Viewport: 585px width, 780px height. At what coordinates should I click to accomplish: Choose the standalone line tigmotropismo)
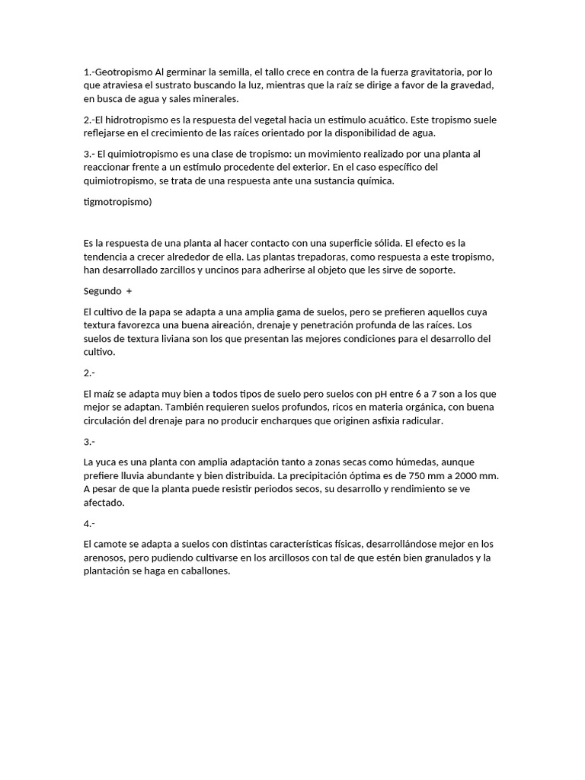click(x=118, y=202)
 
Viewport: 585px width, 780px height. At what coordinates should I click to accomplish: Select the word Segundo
click(x=102, y=291)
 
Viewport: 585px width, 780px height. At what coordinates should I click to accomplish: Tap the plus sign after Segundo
click(x=129, y=291)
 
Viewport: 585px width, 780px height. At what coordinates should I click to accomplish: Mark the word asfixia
click(x=377, y=421)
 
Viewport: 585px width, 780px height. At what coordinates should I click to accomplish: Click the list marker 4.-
click(x=89, y=523)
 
